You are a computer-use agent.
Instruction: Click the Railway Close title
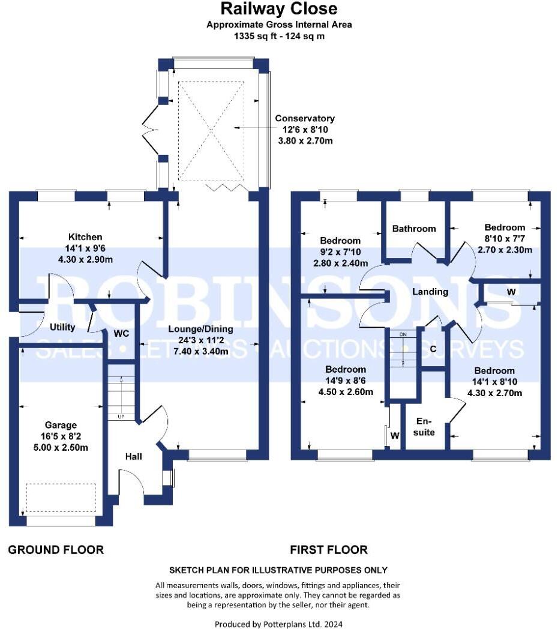(x=279, y=9)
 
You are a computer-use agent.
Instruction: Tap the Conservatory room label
(x=305, y=118)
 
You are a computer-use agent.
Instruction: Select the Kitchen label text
(x=85, y=237)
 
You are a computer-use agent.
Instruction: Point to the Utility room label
(x=62, y=327)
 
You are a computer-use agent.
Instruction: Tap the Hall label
(x=133, y=457)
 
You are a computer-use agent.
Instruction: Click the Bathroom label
(x=414, y=229)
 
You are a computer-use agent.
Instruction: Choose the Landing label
(x=430, y=292)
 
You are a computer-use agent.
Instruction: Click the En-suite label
(x=425, y=426)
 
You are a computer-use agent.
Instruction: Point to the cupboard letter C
(x=433, y=349)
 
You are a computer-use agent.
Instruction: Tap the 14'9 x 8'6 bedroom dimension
(x=345, y=381)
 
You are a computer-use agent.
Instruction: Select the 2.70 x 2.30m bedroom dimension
(x=505, y=250)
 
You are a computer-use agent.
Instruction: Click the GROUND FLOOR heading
(x=56, y=550)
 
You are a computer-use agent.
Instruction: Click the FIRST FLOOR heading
(x=329, y=550)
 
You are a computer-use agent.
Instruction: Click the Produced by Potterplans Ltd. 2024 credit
(x=278, y=624)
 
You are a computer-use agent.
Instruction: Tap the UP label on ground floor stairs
(x=121, y=416)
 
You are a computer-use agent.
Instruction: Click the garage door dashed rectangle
(x=61, y=497)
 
